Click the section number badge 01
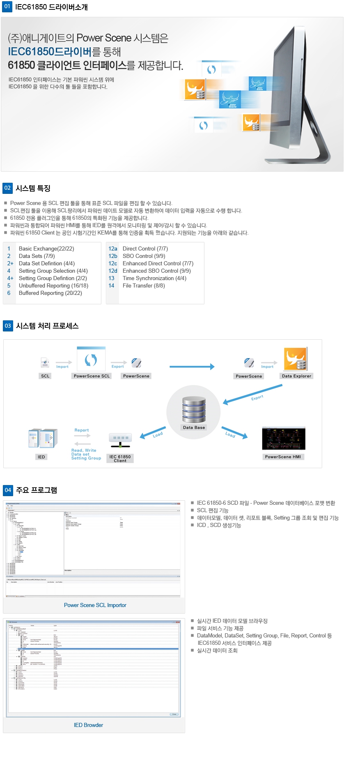[x=7, y=7]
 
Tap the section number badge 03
[x=8, y=326]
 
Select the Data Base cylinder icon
[x=194, y=409]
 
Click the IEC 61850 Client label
[x=120, y=458]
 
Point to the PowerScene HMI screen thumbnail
[x=284, y=439]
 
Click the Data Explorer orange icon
[x=295, y=359]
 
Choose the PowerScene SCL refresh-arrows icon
[x=91, y=360]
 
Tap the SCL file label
[x=45, y=376]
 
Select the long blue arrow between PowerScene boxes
[x=192, y=366]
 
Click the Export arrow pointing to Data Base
[x=252, y=394]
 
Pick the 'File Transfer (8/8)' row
[x=144, y=285]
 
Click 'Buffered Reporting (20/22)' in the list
[x=50, y=293]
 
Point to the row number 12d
[x=112, y=271]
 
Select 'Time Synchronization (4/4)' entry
[x=154, y=278]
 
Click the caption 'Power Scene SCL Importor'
[x=95, y=605]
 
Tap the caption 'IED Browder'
[x=88, y=725]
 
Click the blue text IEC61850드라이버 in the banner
[x=50, y=52]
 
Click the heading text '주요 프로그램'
[x=36, y=490]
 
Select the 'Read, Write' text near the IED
[x=84, y=450]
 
